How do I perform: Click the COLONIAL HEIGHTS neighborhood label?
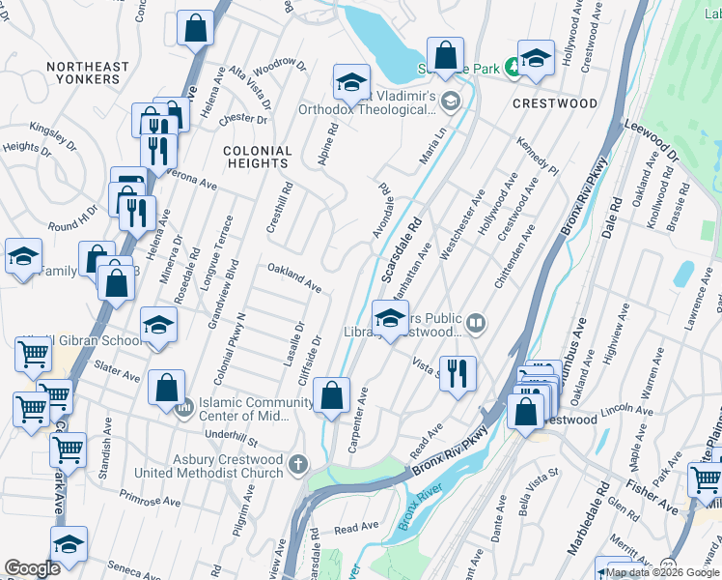coord(257,158)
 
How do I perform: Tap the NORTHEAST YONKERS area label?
coord(87,73)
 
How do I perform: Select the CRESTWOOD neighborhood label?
coord(555,102)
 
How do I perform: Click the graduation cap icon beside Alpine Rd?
coord(352,83)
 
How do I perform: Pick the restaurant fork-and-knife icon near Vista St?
coord(458,372)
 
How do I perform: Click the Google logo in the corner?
coord(32,567)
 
